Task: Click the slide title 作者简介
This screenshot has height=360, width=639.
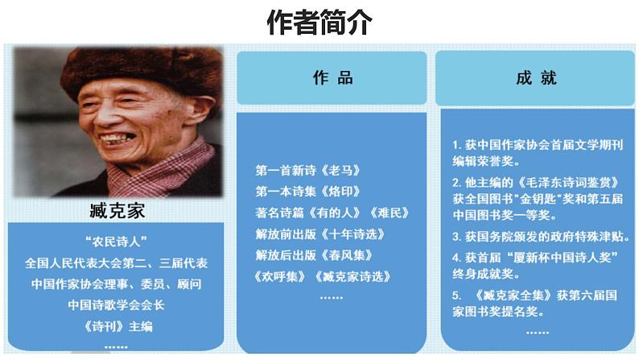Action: coord(319,23)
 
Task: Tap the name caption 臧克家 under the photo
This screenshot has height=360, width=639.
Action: coord(119,212)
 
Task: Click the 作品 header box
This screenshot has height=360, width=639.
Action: coord(332,78)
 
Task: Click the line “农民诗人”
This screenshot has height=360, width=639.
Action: coord(118,242)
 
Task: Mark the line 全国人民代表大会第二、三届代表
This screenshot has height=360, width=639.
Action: coord(118,263)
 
